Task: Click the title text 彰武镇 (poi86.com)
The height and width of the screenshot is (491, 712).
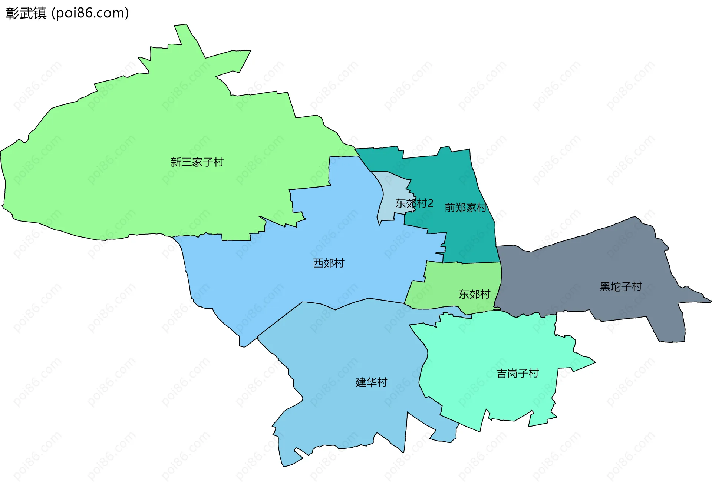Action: click(x=67, y=13)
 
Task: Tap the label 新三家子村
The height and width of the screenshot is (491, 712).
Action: click(x=197, y=162)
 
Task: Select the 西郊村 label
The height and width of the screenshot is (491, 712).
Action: click(x=329, y=263)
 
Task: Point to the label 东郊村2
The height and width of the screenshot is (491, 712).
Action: click(x=414, y=203)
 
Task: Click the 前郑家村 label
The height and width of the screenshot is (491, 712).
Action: click(x=465, y=208)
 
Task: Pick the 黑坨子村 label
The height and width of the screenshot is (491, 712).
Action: click(x=621, y=286)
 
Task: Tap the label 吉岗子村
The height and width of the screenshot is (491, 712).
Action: click(x=518, y=373)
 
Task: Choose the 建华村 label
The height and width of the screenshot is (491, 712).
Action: click(x=371, y=382)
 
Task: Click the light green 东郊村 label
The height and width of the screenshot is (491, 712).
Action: click(x=474, y=294)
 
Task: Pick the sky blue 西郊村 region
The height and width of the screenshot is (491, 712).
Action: click(x=297, y=241)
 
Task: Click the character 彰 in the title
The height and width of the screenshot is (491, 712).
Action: click(x=12, y=13)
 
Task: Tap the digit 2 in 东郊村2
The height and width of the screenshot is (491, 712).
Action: click(x=430, y=203)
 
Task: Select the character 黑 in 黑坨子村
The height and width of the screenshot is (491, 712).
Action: click(x=605, y=286)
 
